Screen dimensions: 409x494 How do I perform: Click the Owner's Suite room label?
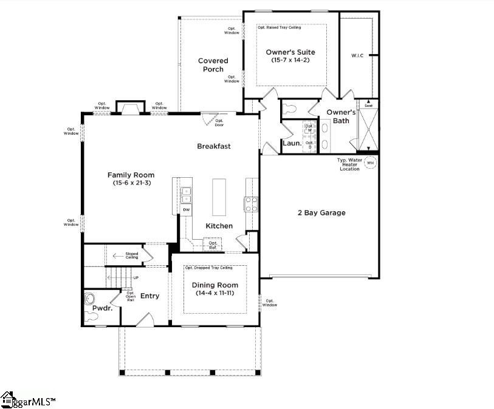coord(290,52)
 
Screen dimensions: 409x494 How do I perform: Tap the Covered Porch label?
coord(213,65)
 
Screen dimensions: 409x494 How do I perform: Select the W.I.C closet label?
coord(358,56)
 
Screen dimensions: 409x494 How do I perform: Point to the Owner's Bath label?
coord(341,117)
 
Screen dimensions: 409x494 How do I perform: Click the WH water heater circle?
coord(370,163)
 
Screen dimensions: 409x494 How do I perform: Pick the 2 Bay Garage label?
coord(321,213)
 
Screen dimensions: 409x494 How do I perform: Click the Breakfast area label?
coord(214,146)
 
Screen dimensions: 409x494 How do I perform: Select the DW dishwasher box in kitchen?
coord(187,210)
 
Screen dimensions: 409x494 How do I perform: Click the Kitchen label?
coord(219,226)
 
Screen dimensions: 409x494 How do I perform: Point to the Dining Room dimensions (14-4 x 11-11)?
coord(215,293)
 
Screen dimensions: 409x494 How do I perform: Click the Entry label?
coord(150,296)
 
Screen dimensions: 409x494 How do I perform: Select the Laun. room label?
coord(291,144)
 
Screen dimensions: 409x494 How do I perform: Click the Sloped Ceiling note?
coord(131,256)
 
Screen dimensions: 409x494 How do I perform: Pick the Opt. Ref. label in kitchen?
coord(213,245)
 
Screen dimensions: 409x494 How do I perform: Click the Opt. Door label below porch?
coord(219,123)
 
